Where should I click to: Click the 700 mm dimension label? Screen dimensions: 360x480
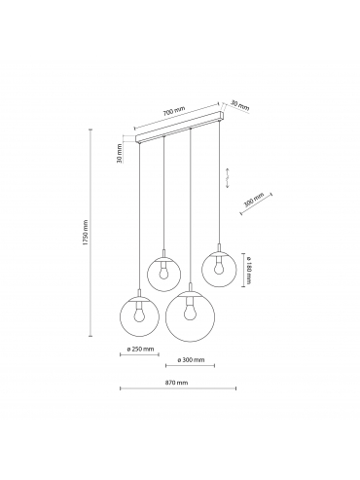[x=174, y=111]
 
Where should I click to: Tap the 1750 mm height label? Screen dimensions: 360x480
[x=86, y=233]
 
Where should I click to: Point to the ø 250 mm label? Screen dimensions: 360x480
[x=140, y=350]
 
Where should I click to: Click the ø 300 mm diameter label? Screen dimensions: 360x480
[x=191, y=359]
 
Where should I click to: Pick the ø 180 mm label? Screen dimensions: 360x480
[x=248, y=271]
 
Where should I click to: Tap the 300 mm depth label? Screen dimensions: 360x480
[x=254, y=201]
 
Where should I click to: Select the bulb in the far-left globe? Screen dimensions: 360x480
[x=140, y=313]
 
